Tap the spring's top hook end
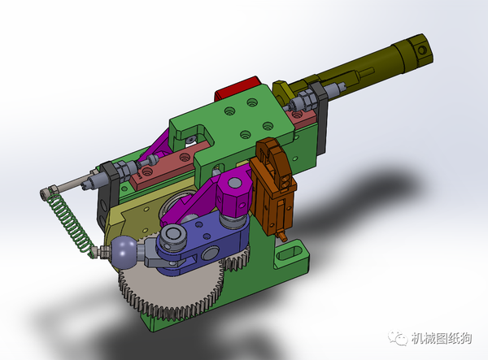[47, 193]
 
